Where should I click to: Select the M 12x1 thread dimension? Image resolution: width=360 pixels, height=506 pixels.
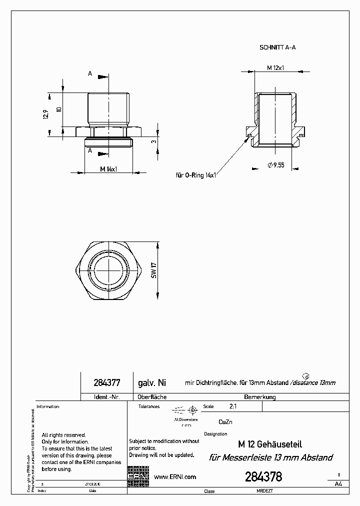pyautogui.click(x=275, y=67)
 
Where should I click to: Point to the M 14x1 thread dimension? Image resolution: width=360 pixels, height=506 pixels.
pyautogui.click(x=108, y=169)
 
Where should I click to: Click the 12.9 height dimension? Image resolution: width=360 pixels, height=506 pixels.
pyautogui.click(x=46, y=114)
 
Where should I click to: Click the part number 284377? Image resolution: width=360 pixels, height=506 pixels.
pyautogui.click(x=106, y=383)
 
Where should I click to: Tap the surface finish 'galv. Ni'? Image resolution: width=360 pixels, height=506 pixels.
pyautogui.click(x=151, y=383)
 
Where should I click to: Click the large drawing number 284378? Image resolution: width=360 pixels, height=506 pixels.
pyautogui.click(x=263, y=477)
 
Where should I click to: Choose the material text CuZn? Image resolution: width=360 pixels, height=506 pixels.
pyautogui.click(x=225, y=422)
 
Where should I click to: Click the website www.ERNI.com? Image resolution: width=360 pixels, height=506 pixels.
pyautogui.click(x=175, y=477)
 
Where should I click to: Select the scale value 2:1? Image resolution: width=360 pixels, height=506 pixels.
pyautogui.click(x=233, y=407)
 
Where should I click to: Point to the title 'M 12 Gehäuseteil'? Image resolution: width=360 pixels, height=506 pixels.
pyautogui.click(x=269, y=444)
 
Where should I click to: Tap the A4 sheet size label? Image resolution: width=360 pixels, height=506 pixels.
pyautogui.click(x=338, y=484)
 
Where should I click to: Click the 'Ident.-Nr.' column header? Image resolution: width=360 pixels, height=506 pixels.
pyautogui.click(x=106, y=397)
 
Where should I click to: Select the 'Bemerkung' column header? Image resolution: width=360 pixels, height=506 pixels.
pyautogui.click(x=259, y=397)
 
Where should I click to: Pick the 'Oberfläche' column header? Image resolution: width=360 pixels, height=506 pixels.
pyautogui.click(x=152, y=397)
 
